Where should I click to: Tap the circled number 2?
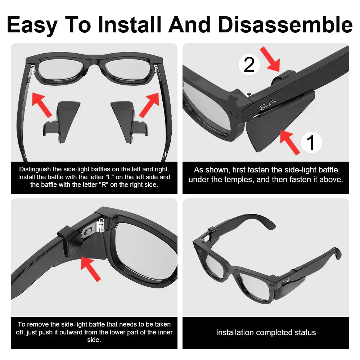[249, 65]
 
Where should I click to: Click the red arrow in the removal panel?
[90, 269]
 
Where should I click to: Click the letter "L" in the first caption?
[102, 177]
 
